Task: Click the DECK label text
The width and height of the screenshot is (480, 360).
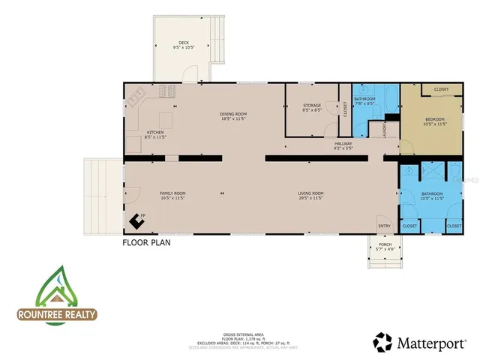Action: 184,43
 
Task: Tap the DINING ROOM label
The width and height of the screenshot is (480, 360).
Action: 234,115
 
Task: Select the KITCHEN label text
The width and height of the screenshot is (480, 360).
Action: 154,133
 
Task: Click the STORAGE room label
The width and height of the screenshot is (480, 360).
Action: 312,106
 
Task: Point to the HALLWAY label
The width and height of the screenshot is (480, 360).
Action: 343,144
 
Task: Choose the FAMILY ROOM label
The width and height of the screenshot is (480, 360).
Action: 172,193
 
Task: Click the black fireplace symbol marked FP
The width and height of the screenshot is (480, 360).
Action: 136,220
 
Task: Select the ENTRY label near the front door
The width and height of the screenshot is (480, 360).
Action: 384,225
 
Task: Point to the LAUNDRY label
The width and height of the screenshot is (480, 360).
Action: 383,129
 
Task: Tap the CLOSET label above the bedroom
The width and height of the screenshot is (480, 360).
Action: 441,89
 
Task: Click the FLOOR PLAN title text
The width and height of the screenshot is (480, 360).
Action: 147,243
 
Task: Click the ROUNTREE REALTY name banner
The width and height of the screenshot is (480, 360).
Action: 56,315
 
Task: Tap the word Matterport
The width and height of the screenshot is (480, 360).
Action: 431,343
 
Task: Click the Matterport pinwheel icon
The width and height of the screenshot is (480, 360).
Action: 383,343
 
